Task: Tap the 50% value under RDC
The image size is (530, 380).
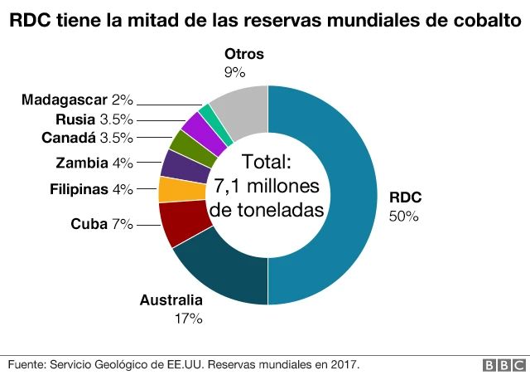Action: pos(404,216)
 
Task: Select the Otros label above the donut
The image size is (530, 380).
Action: pos(243,55)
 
